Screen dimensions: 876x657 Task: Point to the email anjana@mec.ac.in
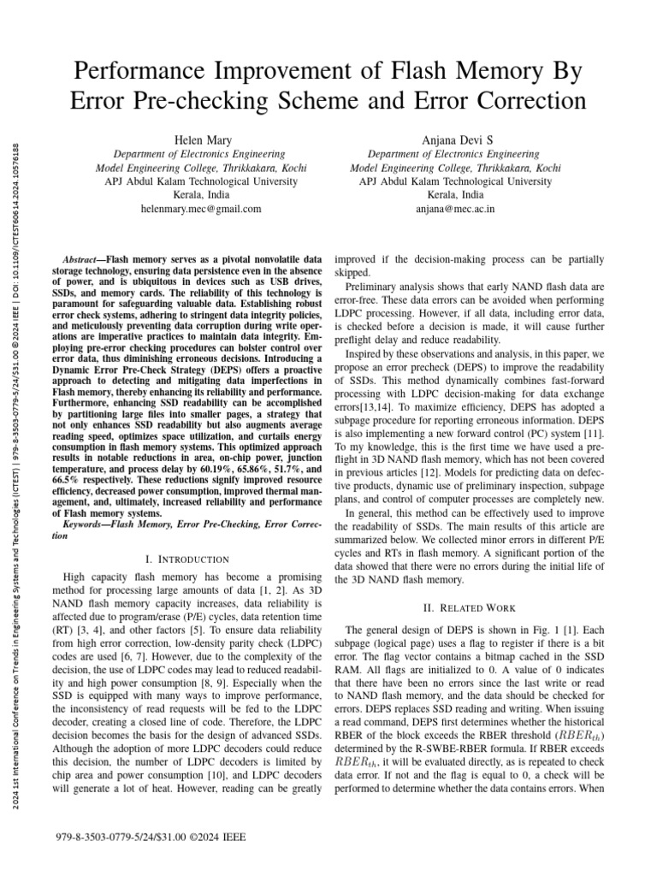[455, 208]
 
